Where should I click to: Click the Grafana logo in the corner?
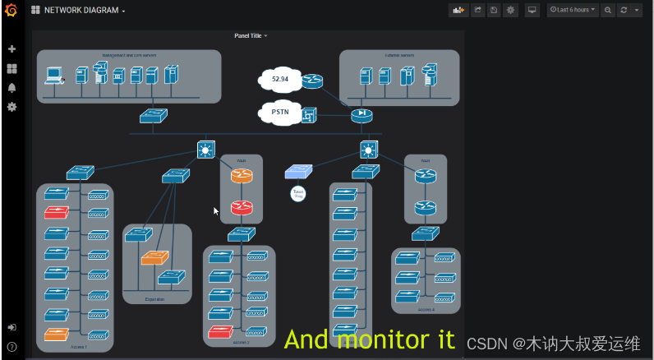tap(12, 10)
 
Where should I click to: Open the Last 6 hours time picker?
tap(572, 10)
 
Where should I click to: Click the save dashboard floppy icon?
tap(494, 10)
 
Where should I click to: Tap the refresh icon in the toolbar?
tap(624, 10)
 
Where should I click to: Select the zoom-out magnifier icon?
tap(608, 10)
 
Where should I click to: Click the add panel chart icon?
tap(458, 10)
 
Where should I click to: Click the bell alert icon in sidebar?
tap(12, 88)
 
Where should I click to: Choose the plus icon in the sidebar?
tap(12, 49)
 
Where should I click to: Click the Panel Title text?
tap(248, 36)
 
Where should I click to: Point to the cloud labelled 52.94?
tap(279, 80)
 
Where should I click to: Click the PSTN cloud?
tap(279, 113)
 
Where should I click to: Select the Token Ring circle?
tap(298, 194)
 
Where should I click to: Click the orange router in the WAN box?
tap(241, 176)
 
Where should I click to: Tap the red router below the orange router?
tap(241, 207)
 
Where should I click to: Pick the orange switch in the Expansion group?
tap(154, 257)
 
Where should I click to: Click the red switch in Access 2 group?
tap(220, 332)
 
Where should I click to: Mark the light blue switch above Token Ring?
tap(298, 171)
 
